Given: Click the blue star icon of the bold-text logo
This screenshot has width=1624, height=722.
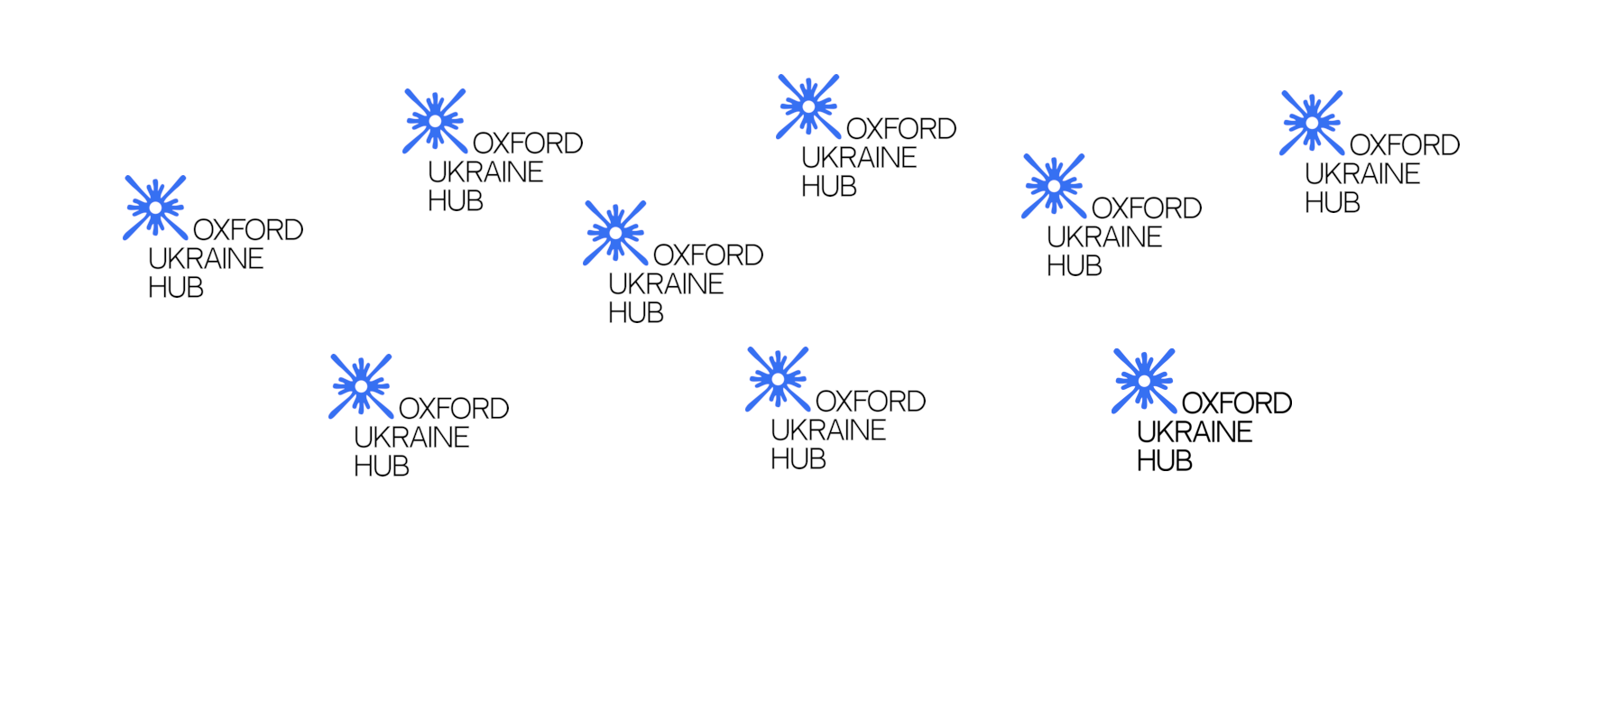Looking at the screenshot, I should pos(1144,381).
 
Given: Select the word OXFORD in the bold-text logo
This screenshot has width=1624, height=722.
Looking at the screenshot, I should pos(1236,403).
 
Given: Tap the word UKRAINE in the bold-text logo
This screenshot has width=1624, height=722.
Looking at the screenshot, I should pos(1195,432).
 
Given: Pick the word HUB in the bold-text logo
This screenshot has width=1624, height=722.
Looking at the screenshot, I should pos(1164,461).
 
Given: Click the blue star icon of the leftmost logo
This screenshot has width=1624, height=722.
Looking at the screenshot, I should pos(155,208).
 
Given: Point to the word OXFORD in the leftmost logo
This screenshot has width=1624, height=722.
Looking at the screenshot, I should pos(247,230).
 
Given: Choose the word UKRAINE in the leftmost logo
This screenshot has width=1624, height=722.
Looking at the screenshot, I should pos(206,259).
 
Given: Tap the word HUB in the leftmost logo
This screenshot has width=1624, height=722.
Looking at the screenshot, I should pos(175,288).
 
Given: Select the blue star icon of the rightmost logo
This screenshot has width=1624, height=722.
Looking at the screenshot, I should pos(1312,123).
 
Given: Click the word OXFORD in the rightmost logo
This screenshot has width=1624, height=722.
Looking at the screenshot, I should pos(1404,145).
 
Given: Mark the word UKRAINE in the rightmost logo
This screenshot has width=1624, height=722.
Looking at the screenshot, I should pos(1362,174).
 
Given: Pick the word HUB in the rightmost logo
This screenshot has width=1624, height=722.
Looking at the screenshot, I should pos(1332,203).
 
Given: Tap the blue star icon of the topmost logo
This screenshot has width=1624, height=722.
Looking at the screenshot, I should pos(808,106).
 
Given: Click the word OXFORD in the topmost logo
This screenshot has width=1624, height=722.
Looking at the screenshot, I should pos(900,129).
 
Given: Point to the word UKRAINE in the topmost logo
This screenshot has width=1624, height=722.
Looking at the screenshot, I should pos(859,158).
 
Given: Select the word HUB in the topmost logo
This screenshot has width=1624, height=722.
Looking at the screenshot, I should pos(828,187).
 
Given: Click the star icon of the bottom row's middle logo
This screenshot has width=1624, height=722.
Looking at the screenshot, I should pos(778,379).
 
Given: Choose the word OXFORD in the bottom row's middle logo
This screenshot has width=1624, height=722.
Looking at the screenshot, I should pos(870,402).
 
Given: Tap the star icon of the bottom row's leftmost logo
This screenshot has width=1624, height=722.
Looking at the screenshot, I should pos(361,386).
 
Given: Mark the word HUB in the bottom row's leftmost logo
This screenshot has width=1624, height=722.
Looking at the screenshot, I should pos(381,467).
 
